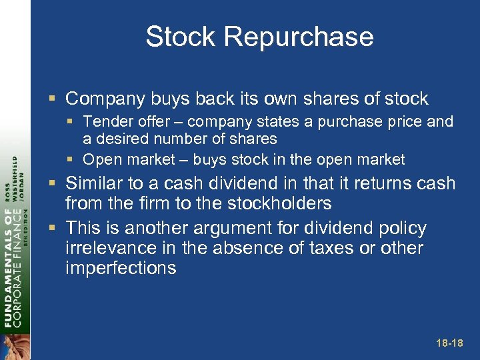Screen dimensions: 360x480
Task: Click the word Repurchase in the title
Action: click(x=299, y=37)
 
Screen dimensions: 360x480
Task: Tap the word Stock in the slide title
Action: click(x=181, y=37)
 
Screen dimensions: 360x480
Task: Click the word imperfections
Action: click(x=121, y=268)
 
